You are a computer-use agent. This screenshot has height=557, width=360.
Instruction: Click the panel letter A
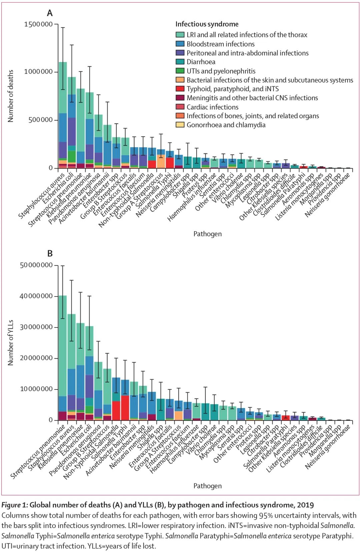pos(50,13)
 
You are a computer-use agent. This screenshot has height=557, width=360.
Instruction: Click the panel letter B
pos(50,254)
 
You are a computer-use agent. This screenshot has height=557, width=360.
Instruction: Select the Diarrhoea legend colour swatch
pos(180,62)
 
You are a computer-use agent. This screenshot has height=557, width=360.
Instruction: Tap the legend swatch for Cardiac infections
pos(180,107)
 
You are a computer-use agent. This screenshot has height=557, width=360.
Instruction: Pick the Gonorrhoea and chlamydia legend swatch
pos(180,125)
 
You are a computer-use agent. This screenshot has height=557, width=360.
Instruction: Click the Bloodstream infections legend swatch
pos(180,44)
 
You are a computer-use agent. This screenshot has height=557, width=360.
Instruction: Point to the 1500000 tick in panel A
pos(38,24)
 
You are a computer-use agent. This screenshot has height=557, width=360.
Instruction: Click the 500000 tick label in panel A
pos(40,120)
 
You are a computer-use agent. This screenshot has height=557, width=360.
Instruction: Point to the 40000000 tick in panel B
pos(36,296)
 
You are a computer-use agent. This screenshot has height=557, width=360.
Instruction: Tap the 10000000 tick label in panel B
pos(36,389)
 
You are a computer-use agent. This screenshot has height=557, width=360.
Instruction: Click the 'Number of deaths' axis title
pos(11,96)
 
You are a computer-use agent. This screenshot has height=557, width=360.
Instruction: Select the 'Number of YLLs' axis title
pos(11,343)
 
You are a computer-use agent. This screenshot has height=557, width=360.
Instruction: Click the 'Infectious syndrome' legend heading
pos(207,24)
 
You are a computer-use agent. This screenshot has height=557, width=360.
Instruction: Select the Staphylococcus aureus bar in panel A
pos(63,100)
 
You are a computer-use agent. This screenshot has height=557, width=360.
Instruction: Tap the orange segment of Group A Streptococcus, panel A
pos(161,161)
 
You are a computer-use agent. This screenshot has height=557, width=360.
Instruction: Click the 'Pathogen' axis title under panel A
pos(207,234)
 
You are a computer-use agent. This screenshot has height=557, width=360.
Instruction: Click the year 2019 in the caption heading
pos(305,505)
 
